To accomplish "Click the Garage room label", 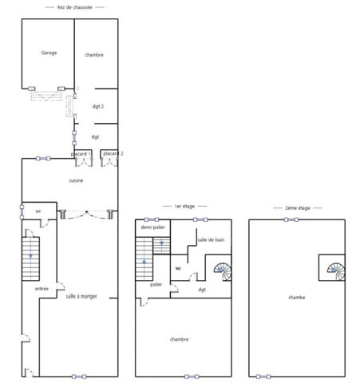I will point(49,53).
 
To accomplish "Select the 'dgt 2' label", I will point(98,106).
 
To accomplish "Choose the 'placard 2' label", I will point(113,153).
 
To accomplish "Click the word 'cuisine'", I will point(76,180).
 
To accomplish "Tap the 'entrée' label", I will point(42,288).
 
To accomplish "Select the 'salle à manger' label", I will point(81,295).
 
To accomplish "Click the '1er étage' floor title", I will point(184,206).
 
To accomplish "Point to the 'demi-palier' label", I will point(152,227).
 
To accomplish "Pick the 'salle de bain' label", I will point(211,239).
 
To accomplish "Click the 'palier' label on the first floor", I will point(156,284).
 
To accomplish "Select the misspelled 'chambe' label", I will point(297,297).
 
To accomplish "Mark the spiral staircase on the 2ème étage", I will point(333,270).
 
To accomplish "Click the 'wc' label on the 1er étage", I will point(179,268).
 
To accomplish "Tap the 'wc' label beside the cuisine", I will point(38,211).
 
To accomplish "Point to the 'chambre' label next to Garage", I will point(95,54).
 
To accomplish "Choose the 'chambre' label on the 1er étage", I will point(180,339).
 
